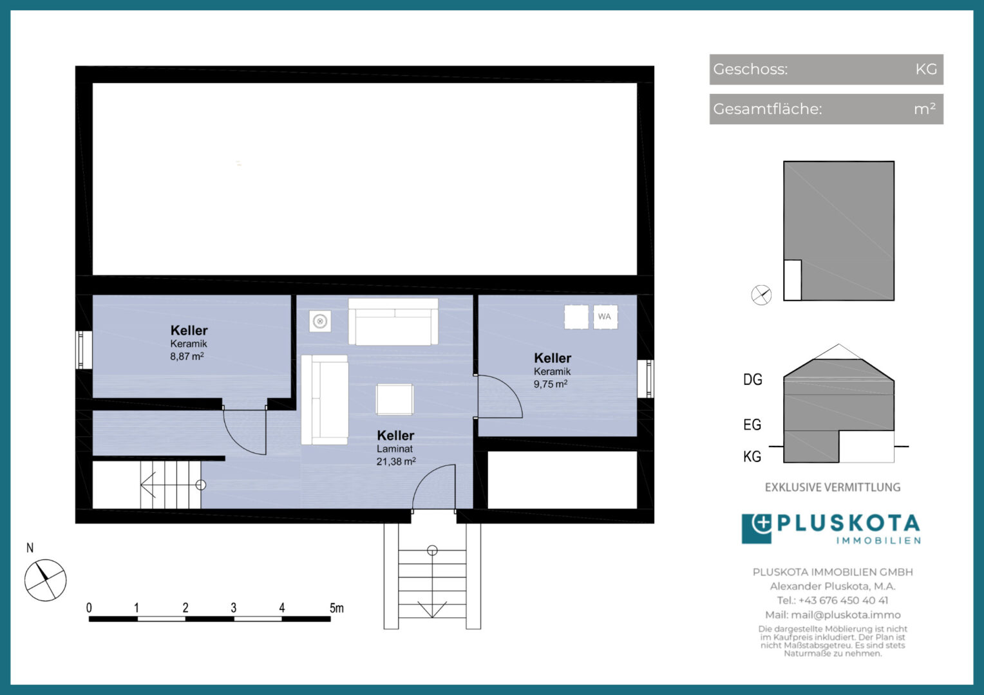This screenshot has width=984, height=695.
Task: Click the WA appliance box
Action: pyautogui.click(x=605, y=317)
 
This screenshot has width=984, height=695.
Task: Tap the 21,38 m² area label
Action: pyautogui.click(x=396, y=461)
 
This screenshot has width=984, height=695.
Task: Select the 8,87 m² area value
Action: pyautogui.click(x=187, y=356)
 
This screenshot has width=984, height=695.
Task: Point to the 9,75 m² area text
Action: pyautogui.click(x=551, y=384)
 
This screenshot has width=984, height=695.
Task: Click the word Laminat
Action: pyautogui.click(x=395, y=449)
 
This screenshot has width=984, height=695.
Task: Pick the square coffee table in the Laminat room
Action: pyautogui.click(x=395, y=399)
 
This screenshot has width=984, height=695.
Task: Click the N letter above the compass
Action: pyautogui.click(x=30, y=548)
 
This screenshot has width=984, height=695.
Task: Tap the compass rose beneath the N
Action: pyautogui.click(x=45, y=580)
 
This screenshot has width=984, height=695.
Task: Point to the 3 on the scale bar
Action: pyautogui.click(x=234, y=607)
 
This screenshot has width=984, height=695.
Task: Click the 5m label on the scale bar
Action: pyautogui.click(x=337, y=608)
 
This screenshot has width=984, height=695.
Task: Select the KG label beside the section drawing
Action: pyautogui.click(x=752, y=457)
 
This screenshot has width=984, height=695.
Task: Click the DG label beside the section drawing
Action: pyautogui.click(x=753, y=379)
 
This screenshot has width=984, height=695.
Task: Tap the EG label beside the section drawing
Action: pyautogui.click(x=752, y=425)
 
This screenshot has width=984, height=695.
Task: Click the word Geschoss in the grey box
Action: pyautogui.click(x=750, y=69)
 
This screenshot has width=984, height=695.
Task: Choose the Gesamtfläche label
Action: pyautogui.click(x=767, y=109)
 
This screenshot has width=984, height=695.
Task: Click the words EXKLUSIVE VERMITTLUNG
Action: pyautogui.click(x=833, y=487)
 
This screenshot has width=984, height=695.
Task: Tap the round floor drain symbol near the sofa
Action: pyautogui.click(x=320, y=321)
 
